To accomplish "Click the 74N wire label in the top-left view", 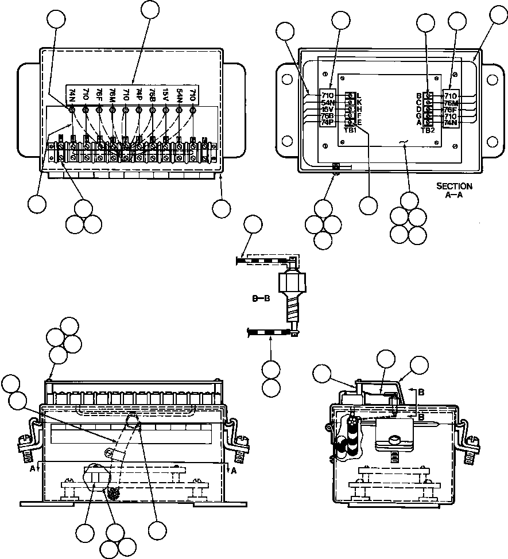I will click(x=72, y=95).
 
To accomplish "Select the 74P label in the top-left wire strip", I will click(x=139, y=95).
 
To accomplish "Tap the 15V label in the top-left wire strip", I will click(x=165, y=95).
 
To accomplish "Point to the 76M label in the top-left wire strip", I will click(x=113, y=95).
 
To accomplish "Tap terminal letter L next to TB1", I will click(x=359, y=95).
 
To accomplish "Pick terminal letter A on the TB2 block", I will click(x=419, y=122).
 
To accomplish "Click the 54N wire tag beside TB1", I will click(x=328, y=102).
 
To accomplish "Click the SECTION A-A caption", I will click(x=454, y=190).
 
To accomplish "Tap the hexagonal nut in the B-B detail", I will click(x=291, y=284).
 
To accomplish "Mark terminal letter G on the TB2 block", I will click(x=419, y=116).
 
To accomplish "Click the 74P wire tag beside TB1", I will click(x=328, y=122).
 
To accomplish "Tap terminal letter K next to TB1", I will click(x=359, y=102).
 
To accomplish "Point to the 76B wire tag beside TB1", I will click(x=328, y=115).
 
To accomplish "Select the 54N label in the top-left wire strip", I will click(x=179, y=95).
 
